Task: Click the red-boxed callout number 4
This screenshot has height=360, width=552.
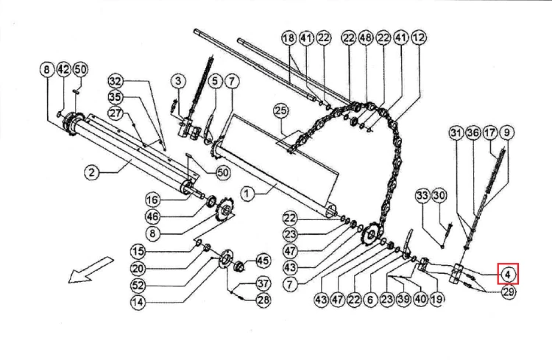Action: coord(508,274)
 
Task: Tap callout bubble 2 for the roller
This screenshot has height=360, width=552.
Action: coord(91,172)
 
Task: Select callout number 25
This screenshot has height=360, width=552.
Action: coord(280,111)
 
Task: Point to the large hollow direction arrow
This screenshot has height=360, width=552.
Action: coord(91,270)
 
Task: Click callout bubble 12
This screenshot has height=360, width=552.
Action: coord(419,38)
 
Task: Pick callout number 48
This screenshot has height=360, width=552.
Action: coord(366,38)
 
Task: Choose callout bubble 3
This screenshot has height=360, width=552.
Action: coord(178,81)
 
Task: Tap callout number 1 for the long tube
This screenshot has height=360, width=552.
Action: coord(247,194)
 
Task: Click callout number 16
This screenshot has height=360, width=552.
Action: coord(152,200)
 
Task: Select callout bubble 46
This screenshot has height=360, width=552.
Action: coord(152,216)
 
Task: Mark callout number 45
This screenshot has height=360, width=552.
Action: coord(263,261)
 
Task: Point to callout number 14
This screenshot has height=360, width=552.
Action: coord(138,302)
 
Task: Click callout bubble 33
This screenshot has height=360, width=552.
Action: coord(422,196)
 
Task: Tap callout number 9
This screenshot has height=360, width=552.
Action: coord(506,133)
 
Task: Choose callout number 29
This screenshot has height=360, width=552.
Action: coord(509,292)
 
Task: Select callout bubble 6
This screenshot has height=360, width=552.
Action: coord(370,300)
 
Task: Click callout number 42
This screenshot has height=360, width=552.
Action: coord(64,69)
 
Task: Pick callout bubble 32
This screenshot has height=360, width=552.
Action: coord(115,82)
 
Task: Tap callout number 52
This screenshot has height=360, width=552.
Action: coord(138,285)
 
